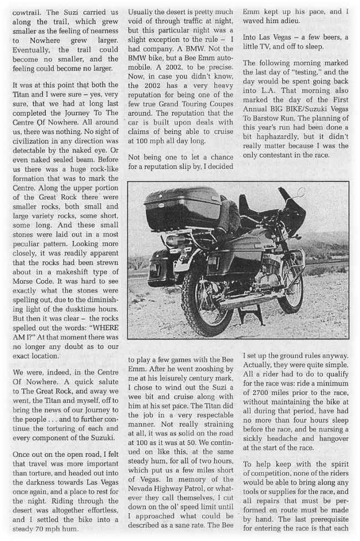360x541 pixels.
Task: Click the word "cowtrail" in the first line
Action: (29, 11)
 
